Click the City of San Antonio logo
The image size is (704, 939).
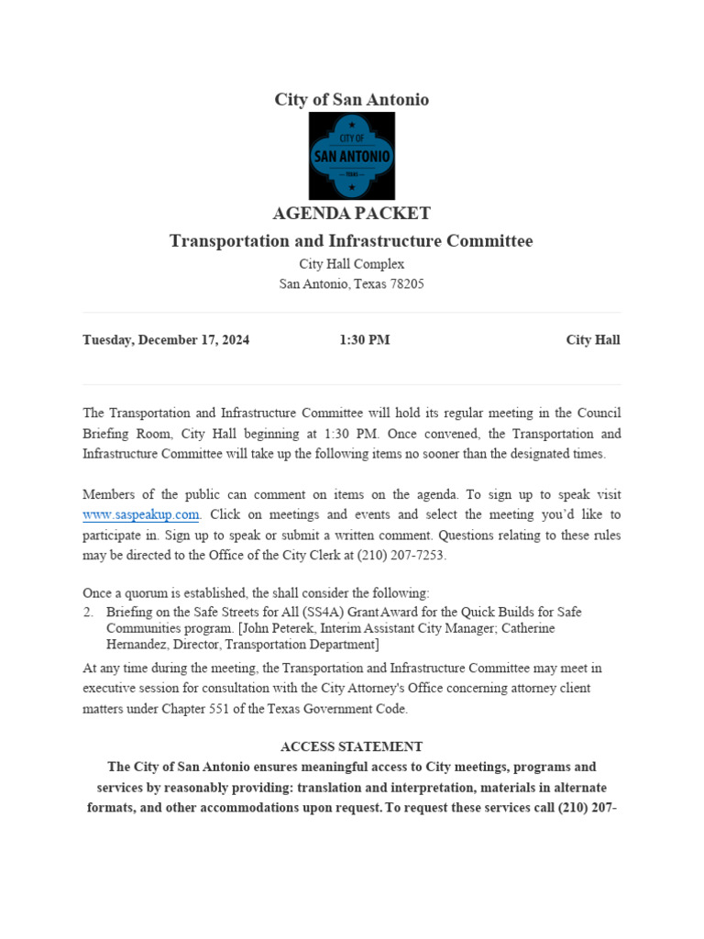[x=351, y=156]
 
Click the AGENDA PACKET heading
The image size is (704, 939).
[x=351, y=214]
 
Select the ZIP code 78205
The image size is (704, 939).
[x=404, y=284]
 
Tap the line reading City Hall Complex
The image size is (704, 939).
[x=351, y=263]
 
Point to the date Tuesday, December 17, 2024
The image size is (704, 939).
[x=166, y=340]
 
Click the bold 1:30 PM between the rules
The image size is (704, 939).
[x=364, y=340]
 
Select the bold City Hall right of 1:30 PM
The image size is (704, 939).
[x=592, y=340]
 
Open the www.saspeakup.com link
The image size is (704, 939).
[x=141, y=514]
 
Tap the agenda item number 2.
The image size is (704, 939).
[x=88, y=612]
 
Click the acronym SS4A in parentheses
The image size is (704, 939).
[x=328, y=612]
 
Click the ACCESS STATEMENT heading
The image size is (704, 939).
[x=351, y=747]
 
